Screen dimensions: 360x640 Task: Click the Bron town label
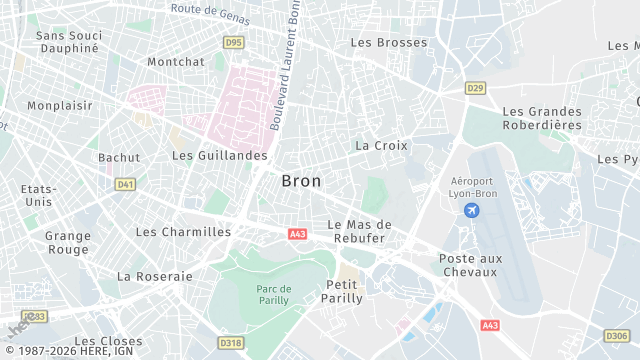coord(301,181)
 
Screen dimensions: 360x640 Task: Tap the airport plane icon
coord(472,211)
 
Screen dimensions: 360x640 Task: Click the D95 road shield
coord(233,42)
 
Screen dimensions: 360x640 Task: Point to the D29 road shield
coord(475,89)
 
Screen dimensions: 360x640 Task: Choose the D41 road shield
coord(125,184)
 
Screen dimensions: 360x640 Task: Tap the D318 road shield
coord(231,343)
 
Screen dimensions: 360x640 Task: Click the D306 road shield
coord(617,335)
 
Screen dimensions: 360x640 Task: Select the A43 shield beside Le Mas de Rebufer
coord(297,234)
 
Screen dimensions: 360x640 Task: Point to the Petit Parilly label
coord(342,291)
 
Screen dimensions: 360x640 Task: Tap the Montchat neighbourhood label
coord(175,61)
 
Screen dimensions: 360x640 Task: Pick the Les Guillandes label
coord(219,156)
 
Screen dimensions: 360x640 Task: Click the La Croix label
coord(381,145)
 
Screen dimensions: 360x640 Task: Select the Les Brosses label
coord(388,42)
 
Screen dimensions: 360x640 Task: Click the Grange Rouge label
coord(68,243)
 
